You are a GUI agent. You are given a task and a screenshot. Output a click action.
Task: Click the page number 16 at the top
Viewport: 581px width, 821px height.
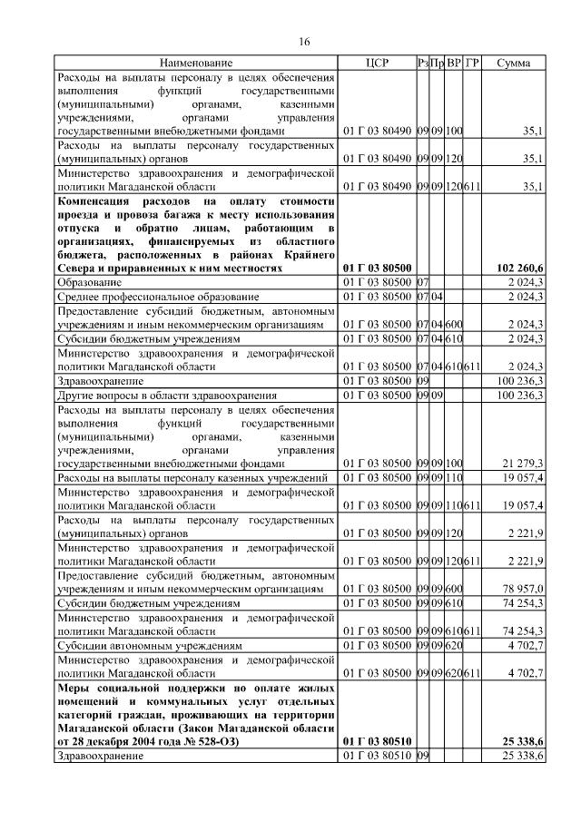click(x=304, y=43)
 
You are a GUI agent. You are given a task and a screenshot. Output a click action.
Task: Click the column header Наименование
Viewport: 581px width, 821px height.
click(x=196, y=64)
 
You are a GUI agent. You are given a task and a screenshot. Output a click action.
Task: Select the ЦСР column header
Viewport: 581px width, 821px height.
click(x=377, y=64)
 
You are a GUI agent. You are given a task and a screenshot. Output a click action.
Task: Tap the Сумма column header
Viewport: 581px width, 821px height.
click(x=514, y=64)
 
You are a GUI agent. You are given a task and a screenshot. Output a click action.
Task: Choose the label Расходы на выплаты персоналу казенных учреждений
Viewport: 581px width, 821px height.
click(x=192, y=477)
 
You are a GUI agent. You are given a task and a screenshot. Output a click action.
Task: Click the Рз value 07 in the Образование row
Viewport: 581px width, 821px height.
click(x=421, y=284)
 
